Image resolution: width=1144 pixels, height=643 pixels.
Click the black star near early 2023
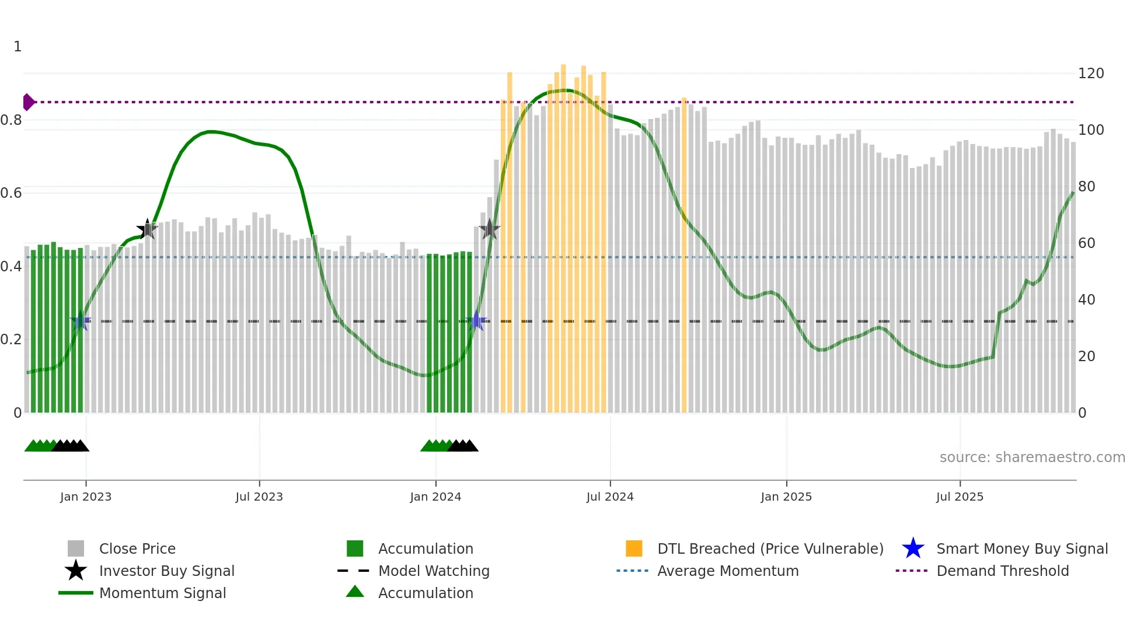pyautogui.click(x=147, y=229)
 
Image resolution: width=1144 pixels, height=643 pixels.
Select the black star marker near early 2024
pyautogui.click(x=489, y=229)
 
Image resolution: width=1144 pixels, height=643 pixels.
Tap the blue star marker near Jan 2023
pyautogui.click(x=81, y=321)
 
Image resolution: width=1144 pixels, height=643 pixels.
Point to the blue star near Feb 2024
pyautogui.click(x=477, y=321)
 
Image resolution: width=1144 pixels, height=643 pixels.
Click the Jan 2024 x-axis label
pyautogui.click(x=435, y=497)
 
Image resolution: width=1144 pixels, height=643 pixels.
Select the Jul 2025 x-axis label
pyautogui.click(x=960, y=497)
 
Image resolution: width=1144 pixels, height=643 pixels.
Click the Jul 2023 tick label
pyautogui.click(x=259, y=497)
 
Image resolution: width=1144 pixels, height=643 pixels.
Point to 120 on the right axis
pyautogui.click(x=1090, y=74)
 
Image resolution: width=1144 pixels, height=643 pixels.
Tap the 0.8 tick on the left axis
pyautogui.click(x=12, y=120)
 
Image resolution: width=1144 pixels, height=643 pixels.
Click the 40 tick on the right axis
pyautogui.click(x=1086, y=300)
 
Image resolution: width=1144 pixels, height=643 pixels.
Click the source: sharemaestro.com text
pyautogui.click(x=1032, y=457)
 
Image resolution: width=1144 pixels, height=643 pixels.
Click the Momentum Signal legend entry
pyautogui.click(x=162, y=593)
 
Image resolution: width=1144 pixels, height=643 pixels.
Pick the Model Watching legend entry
pyautogui.click(x=433, y=571)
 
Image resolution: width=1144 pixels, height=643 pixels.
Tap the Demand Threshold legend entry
pyautogui.click(x=1002, y=571)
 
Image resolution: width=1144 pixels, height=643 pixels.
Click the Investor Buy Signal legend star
pyautogui.click(x=76, y=571)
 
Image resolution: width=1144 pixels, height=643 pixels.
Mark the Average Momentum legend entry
pyautogui.click(x=727, y=571)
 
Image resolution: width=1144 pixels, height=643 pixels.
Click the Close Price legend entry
pyautogui.click(x=137, y=548)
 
